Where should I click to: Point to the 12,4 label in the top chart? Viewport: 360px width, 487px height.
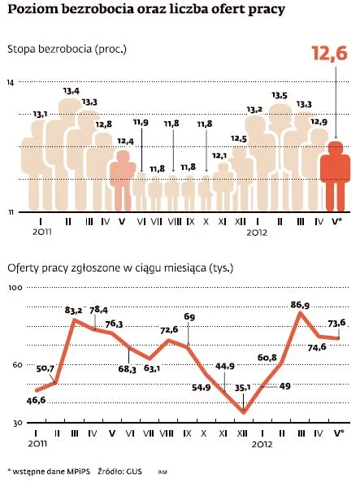(125, 141)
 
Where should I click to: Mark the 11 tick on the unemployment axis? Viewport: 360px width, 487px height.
(11, 211)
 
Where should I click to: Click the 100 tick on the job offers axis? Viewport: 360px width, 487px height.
(14, 288)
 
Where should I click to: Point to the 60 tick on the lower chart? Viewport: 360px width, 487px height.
(15, 366)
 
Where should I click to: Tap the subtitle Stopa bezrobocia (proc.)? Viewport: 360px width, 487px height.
(67, 50)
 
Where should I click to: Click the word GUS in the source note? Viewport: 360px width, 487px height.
(133, 471)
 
